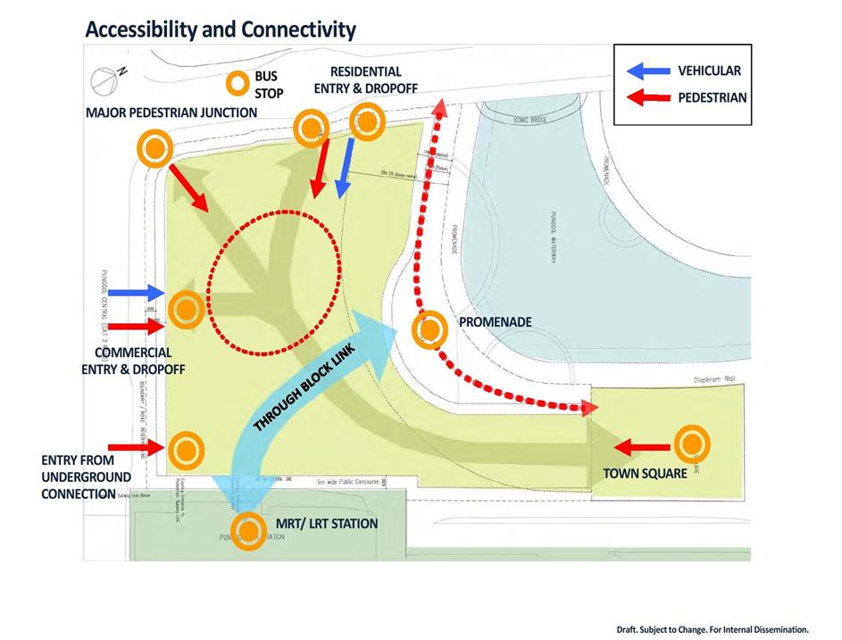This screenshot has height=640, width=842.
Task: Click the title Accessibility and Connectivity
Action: pyautogui.click(x=221, y=29)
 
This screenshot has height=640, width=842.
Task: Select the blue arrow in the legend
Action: pyautogui.click(x=645, y=71)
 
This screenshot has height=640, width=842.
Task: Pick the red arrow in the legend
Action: pyautogui.click(x=645, y=97)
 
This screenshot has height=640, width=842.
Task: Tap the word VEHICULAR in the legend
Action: pyautogui.click(x=709, y=71)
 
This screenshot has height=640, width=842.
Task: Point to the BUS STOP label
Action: pyautogui.click(x=266, y=84)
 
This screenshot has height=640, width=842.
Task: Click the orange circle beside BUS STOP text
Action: pyautogui.click(x=237, y=84)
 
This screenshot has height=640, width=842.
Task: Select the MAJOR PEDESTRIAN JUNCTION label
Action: pyautogui.click(x=171, y=112)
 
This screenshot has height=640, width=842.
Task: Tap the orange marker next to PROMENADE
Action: pyautogui.click(x=429, y=329)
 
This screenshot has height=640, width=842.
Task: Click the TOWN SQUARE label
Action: pyautogui.click(x=644, y=472)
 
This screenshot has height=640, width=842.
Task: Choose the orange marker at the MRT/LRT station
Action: pyautogui.click(x=248, y=528)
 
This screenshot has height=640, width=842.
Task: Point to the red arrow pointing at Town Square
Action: pyautogui.click(x=642, y=446)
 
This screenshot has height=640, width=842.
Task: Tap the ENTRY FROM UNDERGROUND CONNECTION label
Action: pyautogui.click(x=79, y=477)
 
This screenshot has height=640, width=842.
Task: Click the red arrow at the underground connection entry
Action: pyautogui.click(x=135, y=446)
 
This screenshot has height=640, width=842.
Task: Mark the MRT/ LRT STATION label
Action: pyautogui.click(x=326, y=523)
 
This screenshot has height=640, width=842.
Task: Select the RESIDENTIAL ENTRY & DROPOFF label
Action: pyautogui.click(x=366, y=79)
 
